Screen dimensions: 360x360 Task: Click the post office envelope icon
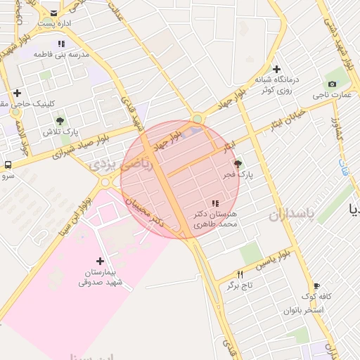[53, 12]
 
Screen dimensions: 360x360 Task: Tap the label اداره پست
[53, 24]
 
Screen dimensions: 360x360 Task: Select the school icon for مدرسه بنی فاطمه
[62, 44]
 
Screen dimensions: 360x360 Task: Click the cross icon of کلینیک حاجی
[17, 93]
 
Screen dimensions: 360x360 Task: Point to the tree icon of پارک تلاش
[60, 121]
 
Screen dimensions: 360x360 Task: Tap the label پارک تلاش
[60, 132]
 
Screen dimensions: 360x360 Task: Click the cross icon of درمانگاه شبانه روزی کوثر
[277, 69]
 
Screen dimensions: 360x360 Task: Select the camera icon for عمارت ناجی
[332, 84]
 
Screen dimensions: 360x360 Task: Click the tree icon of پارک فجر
[247, 162]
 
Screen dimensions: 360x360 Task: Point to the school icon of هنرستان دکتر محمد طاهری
[215, 203]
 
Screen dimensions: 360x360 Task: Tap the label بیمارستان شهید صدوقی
[100, 278]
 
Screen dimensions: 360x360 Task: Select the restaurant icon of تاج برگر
[240, 274]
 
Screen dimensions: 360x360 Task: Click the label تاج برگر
[239, 285]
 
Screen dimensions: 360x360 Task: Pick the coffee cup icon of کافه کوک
[317, 285]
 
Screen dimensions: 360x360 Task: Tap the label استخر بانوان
[304, 309]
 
